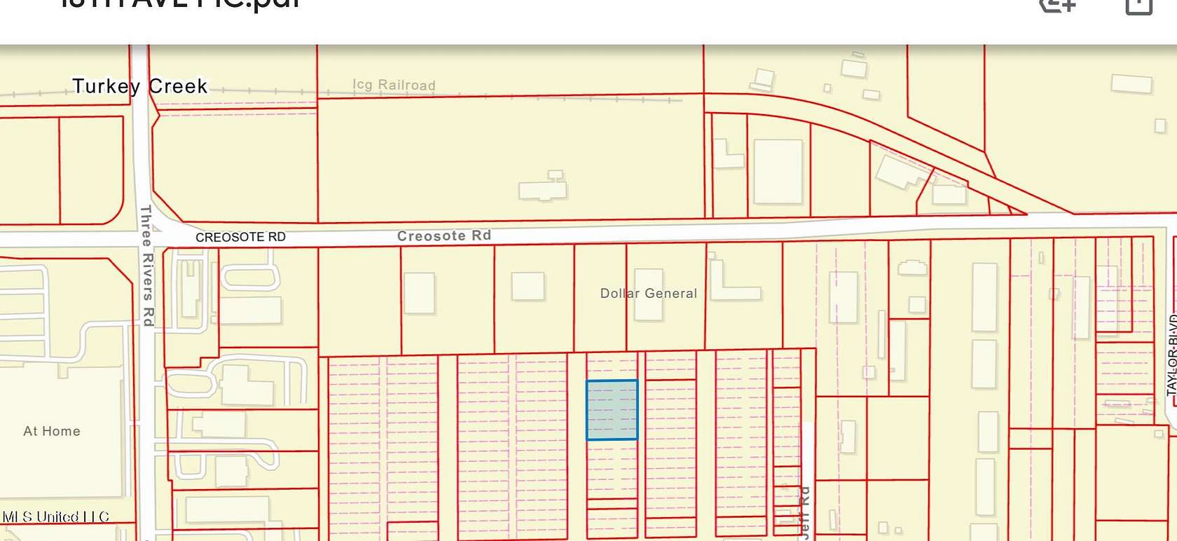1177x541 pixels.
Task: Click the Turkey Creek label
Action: [140, 86]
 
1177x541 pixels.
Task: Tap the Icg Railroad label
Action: [394, 85]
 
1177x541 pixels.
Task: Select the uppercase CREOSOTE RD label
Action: [240, 237]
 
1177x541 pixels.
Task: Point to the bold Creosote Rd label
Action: [443, 235]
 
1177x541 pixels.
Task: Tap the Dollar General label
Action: [648, 293]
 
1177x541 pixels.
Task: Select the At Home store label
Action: [52, 431]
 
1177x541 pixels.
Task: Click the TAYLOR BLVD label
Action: [1172, 354]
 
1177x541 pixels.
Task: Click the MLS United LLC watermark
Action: [56, 517]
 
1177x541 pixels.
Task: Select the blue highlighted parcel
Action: [612, 410]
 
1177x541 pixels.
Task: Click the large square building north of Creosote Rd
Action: [778, 172]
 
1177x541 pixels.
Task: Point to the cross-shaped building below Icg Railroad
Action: [543, 187]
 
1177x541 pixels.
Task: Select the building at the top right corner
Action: [1131, 84]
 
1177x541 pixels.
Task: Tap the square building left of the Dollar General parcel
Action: [528, 287]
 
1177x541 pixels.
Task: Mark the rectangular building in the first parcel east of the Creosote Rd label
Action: [419, 293]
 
